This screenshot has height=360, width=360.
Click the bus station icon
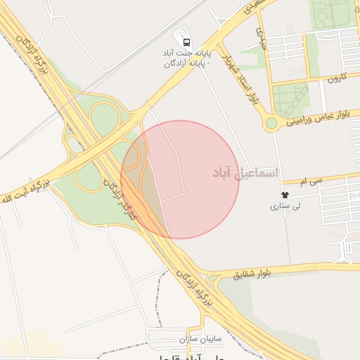point(186,41)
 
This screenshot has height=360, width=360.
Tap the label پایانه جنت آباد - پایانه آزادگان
point(186,58)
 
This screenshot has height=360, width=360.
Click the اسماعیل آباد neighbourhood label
point(245,172)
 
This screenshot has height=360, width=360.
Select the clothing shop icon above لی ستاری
point(285,194)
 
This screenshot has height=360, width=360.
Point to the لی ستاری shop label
point(285,207)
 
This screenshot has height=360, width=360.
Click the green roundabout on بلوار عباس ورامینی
point(271,124)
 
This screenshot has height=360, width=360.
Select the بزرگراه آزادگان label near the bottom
point(193,286)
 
